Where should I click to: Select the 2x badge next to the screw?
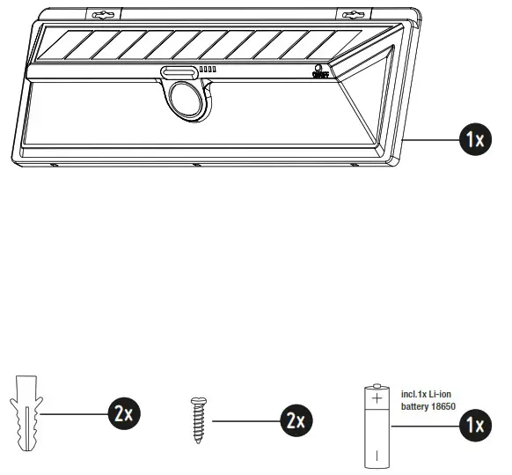pos(294,421)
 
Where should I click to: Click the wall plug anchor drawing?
pos(26,412)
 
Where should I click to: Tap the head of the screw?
pos(197,401)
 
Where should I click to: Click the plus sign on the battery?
pos(377,398)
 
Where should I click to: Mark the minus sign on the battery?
pos(377,456)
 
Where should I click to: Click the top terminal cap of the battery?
pos(377,385)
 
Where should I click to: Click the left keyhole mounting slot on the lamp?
pos(104,15)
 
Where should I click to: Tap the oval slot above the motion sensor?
pos(179,71)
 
